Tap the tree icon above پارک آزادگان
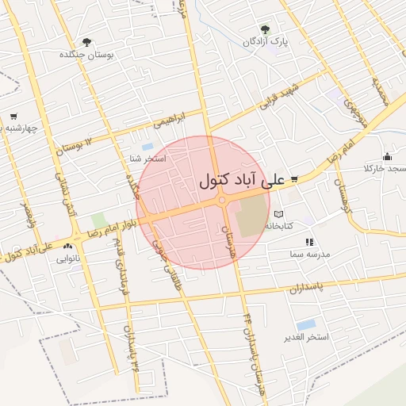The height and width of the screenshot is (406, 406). click(277, 29)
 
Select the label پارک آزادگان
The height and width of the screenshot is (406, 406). click(266, 40)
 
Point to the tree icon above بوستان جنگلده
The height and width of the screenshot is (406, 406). click(86, 42)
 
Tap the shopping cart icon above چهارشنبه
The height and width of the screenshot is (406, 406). click(13, 116)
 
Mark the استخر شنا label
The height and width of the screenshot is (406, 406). click(147, 159)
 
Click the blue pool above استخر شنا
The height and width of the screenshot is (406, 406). click(147, 147)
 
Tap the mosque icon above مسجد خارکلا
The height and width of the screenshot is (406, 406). click(387, 157)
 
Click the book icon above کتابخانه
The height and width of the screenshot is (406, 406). click(278, 214)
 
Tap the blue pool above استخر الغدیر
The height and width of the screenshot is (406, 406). click(304, 325)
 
